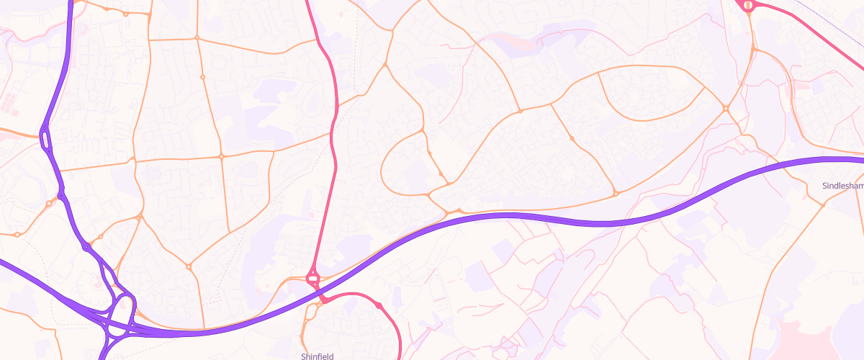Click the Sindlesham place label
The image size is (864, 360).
(842, 186)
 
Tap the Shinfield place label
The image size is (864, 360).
(318, 356)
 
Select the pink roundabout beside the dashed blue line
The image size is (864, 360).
(748, 6)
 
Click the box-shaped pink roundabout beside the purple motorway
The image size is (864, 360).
(312, 277)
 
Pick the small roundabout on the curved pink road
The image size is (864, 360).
(379, 306)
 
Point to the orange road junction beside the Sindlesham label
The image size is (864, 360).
(823, 204)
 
